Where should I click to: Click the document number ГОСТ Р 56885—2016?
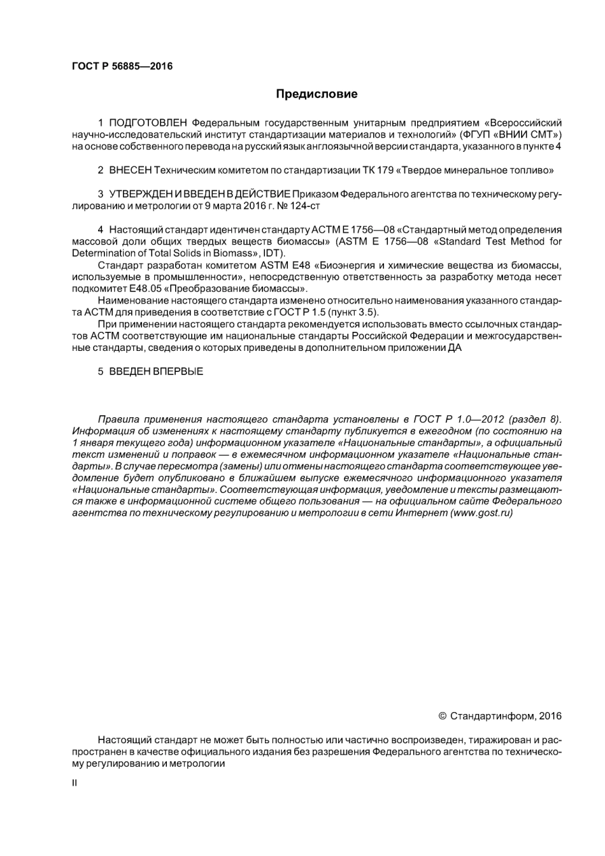[122, 66]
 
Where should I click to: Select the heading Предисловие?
[317, 94]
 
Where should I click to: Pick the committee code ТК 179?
[378, 170]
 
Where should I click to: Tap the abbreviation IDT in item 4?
[273, 253]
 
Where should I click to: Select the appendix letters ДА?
[455, 348]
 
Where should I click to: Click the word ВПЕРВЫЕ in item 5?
[178, 371]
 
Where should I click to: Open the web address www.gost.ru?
[481, 513]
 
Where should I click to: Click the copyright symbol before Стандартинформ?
[443, 716]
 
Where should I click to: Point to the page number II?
[75, 783]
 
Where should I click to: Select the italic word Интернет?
[421, 513]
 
